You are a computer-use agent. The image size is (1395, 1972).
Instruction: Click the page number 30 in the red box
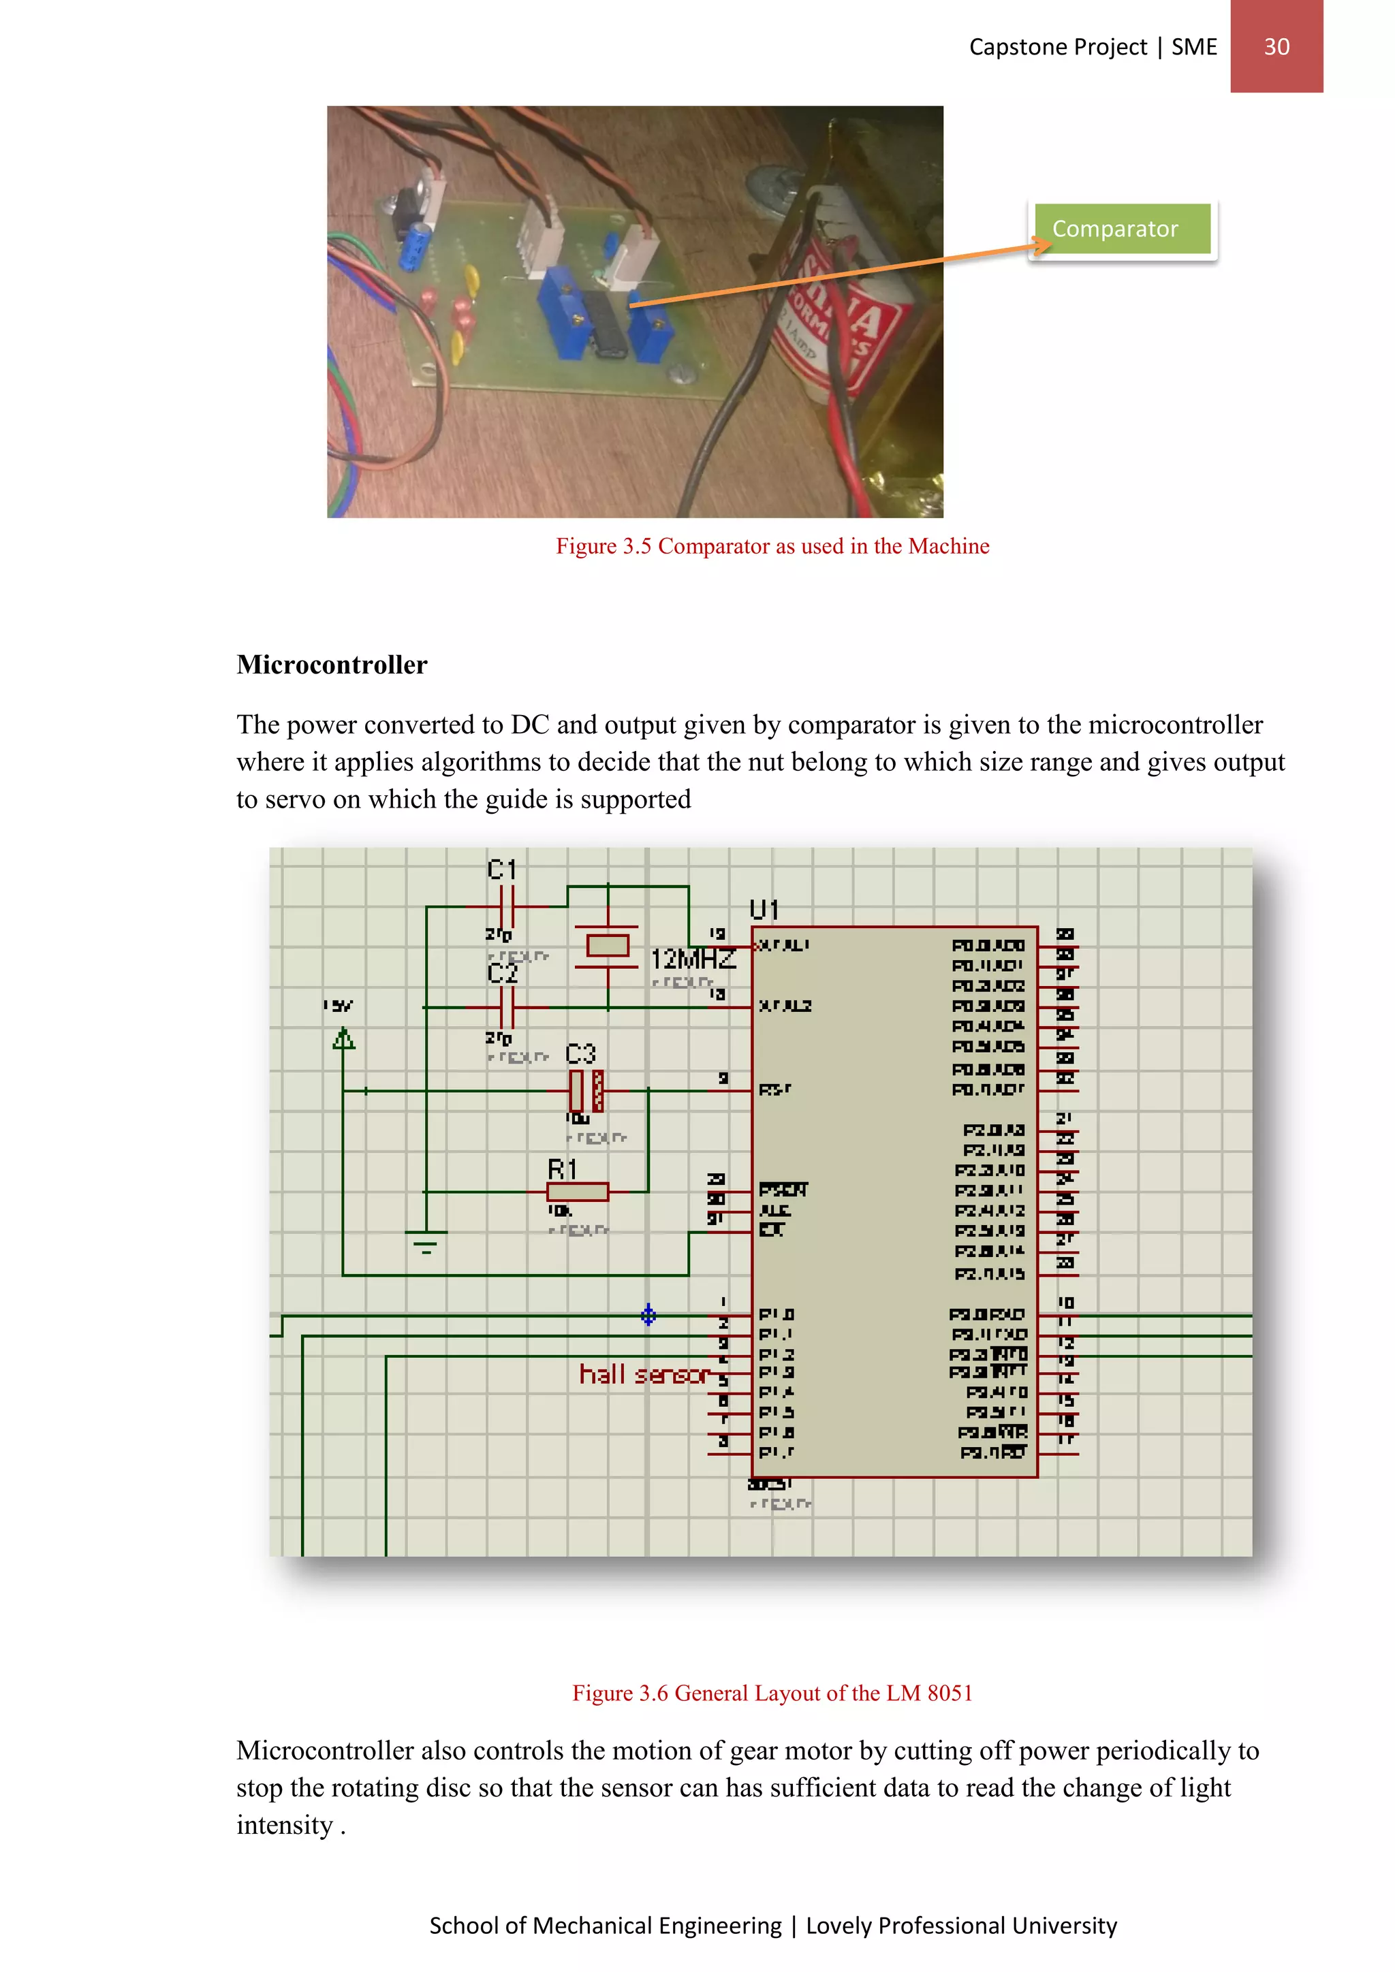click(x=1276, y=46)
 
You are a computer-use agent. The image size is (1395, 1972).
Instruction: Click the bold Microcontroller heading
click(x=332, y=665)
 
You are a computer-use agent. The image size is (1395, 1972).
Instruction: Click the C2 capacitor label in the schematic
click(x=503, y=973)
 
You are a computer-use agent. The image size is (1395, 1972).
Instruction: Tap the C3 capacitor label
click(x=580, y=1054)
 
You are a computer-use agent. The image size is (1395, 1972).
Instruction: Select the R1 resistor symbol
click(x=577, y=1191)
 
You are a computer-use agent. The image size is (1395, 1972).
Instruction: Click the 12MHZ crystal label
click(x=692, y=959)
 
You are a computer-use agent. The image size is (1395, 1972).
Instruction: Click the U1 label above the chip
click(x=764, y=910)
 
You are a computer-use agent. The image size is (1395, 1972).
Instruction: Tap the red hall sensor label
click(x=642, y=1374)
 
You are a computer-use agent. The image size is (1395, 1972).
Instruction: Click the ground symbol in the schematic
click(x=426, y=1242)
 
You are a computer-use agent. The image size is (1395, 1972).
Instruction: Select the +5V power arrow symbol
click(x=343, y=1039)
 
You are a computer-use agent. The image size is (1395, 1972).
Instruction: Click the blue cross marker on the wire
click(x=648, y=1315)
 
